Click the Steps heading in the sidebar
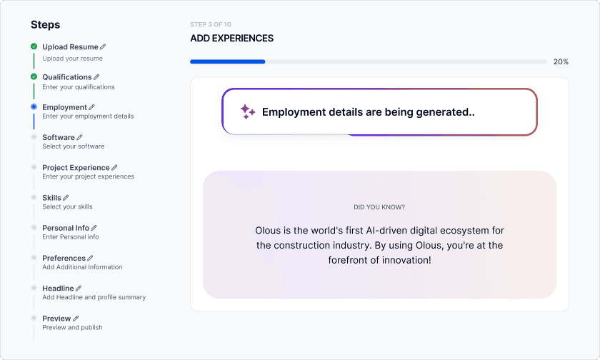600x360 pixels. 46,24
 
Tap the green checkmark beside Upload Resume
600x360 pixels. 34,46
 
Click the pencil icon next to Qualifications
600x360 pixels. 96,77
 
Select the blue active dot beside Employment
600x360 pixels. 34,107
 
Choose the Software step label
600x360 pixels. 59,137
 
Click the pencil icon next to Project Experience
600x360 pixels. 114,168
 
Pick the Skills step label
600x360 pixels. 51,198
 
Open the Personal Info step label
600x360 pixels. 66,228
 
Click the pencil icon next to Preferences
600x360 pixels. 90,258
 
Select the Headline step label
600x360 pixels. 58,288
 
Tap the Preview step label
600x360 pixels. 56,319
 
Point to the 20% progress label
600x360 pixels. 561,62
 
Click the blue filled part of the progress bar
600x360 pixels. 227,62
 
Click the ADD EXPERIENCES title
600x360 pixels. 231,39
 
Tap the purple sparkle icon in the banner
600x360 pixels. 247,111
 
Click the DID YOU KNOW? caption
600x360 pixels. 379,207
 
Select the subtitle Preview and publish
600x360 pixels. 72,328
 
